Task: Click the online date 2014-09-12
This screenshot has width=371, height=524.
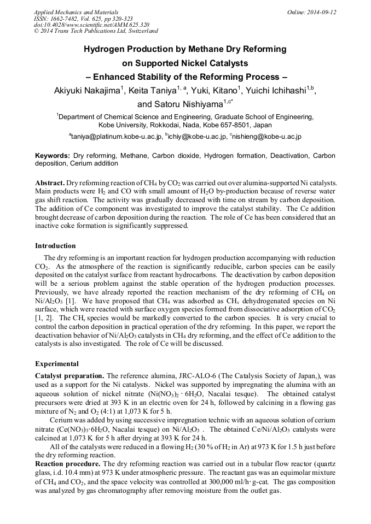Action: pos(321,12)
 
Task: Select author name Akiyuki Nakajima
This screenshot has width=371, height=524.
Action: pos(86,91)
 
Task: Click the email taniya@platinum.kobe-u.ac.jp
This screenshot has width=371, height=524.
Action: pos(117,136)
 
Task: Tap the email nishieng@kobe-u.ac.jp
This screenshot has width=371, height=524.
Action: pos(266,136)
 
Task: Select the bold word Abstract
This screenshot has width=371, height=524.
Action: pos(50,181)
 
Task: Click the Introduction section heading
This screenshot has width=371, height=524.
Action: pos(55,246)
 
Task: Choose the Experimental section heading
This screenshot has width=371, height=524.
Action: pos(57,364)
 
